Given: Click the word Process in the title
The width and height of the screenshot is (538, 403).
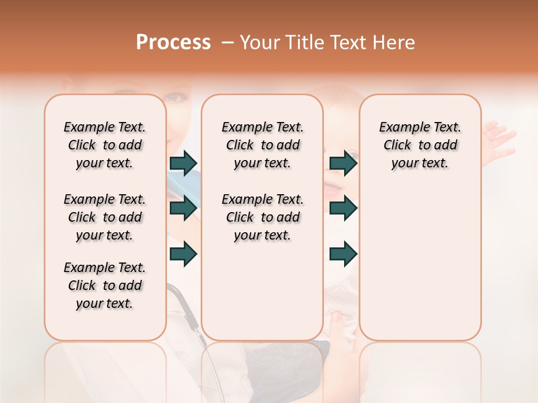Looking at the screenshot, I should click(x=173, y=43).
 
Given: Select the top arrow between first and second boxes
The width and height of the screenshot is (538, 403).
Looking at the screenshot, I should click(x=183, y=163).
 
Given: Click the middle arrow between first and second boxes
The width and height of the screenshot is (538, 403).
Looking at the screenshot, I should click(x=183, y=208).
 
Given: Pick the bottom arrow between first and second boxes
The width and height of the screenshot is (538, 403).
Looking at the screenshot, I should click(x=183, y=254).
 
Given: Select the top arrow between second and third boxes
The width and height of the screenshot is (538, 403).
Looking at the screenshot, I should click(x=344, y=163).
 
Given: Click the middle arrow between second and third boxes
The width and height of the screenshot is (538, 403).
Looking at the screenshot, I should click(x=344, y=208).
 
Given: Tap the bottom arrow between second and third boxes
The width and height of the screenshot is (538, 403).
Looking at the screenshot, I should click(x=344, y=254).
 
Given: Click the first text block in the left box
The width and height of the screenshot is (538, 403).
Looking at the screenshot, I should click(x=105, y=145).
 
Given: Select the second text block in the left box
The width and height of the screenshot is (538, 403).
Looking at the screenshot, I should click(x=105, y=217).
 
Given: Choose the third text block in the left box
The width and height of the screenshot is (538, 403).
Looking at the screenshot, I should click(x=105, y=285).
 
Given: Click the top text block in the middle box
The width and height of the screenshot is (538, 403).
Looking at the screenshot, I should click(x=262, y=145).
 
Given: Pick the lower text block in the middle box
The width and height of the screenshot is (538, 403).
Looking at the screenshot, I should click(x=262, y=217).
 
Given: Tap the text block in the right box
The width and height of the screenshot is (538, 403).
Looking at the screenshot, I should click(x=420, y=145).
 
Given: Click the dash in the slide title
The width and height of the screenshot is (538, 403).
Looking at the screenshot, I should click(x=227, y=43).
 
